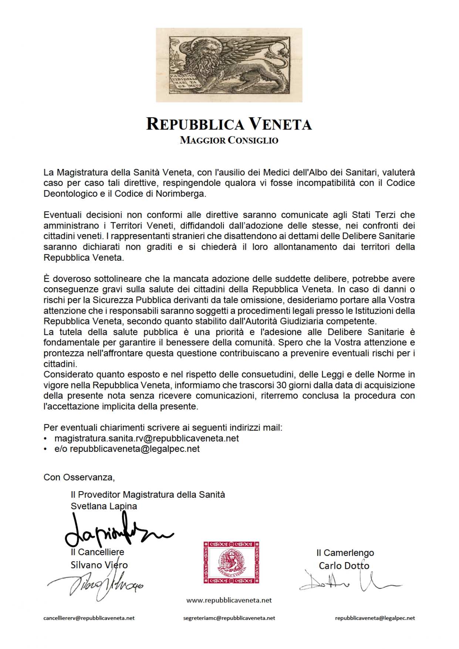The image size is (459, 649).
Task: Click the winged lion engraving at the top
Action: pyautogui.click(x=229, y=65)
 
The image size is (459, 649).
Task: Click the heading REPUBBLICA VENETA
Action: pyautogui.click(x=229, y=124)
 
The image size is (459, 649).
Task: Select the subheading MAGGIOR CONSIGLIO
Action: pyautogui.click(x=229, y=141)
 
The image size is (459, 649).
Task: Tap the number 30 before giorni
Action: pyautogui.click(x=281, y=385)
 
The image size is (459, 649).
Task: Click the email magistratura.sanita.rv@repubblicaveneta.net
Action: pyautogui.click(x=146, y=438)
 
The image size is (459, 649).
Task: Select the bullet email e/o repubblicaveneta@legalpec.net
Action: pyautogui.click(x=127, y=449)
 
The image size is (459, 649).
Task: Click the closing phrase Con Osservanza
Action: pyautogui.click(x=79, y=477)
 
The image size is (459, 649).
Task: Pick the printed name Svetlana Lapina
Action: pyautogui.click(x=104, y=506)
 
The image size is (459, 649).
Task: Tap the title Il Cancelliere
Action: pyautogui.click(x=97, y=552)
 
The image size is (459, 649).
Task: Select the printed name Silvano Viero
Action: pyautogui.click(x=99, y=565)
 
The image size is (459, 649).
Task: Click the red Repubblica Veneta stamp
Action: pyautogui.click(x=231, y=562)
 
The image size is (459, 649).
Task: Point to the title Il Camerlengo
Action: pyautogui.click(x=345, y=553)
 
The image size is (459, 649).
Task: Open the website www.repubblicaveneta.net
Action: pyautogui.click(x=229, y=600)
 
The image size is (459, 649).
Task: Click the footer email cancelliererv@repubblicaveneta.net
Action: pyautogui.click(x=89, y=618)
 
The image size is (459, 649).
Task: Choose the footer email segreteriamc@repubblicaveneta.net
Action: pyautogui.click(x=229, y=618)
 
